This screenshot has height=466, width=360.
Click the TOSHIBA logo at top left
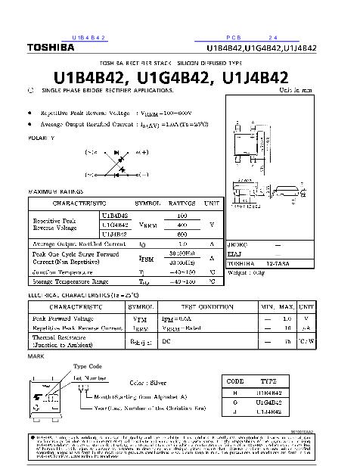pyautogui.click(x=51, y=48)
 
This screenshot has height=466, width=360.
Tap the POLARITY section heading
pyautogui.click(x=41, y=139)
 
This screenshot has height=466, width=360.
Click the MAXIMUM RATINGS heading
pyautogui.click(x=54, y=191)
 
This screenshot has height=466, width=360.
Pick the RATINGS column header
pyautogui.click(x=182, y=203)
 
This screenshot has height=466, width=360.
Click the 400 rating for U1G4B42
pyautogui.click(x=182, y=225)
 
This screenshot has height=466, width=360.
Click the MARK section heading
pyautogui.click(x=36, y=355)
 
